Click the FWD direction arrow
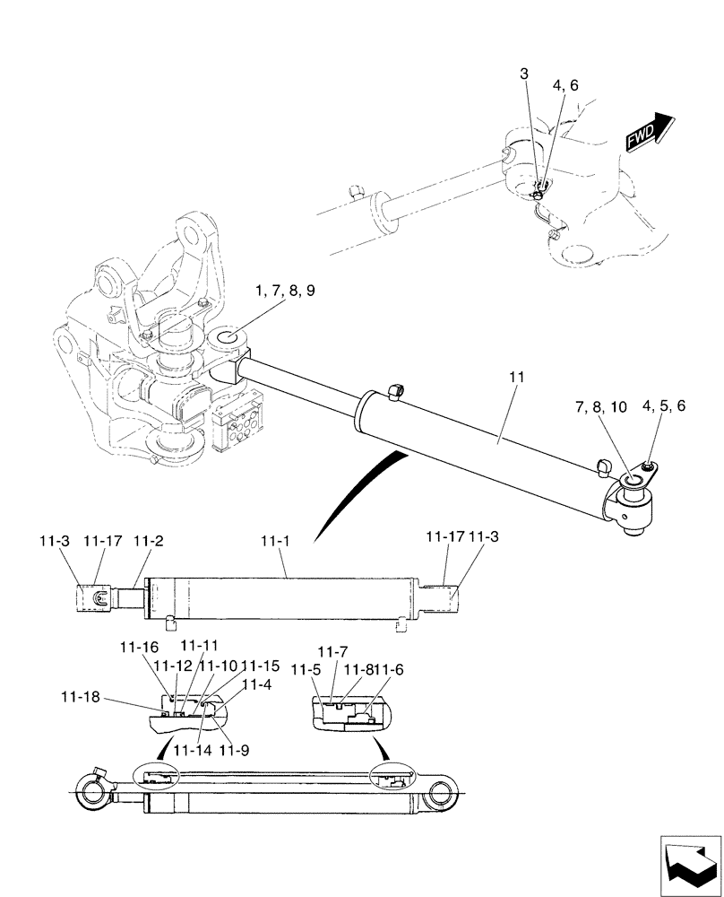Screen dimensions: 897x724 [650, 131]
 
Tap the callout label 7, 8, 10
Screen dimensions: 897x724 [600, 407]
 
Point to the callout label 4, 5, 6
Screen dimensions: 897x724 [663, 407]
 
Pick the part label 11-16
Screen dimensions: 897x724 [137, 647]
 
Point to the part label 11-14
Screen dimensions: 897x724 [189, 750]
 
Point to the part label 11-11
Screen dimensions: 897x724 [199, 647]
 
